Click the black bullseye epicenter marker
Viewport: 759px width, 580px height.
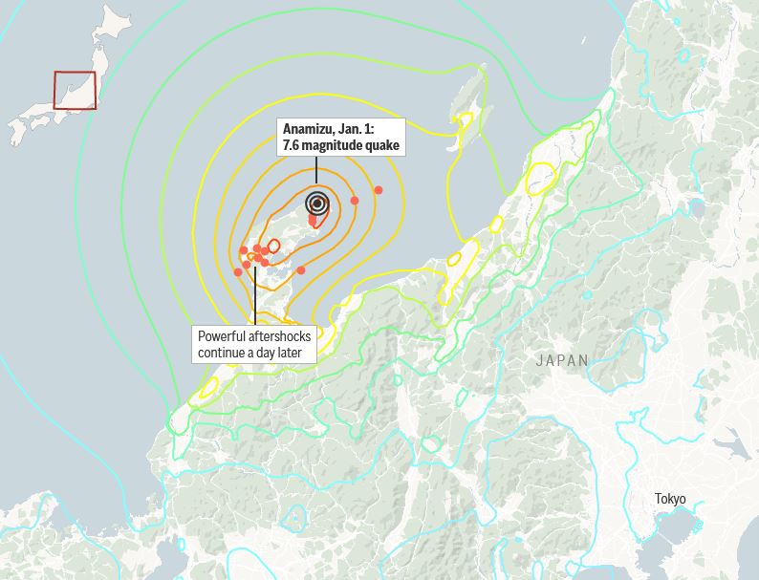[317, 203]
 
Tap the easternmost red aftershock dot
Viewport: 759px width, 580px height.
[379, 190]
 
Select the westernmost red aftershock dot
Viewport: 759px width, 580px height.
[238, 272]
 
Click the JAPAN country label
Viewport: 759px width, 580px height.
[562, 360]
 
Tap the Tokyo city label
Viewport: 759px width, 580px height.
[670, 499]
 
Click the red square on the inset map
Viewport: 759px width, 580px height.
[75, 91]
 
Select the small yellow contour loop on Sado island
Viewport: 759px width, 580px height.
[465, 125]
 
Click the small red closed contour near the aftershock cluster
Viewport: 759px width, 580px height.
[272, 246]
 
